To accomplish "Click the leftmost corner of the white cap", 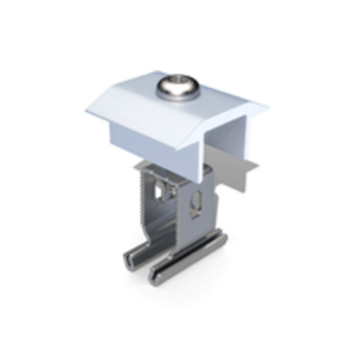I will pos(86,112).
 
